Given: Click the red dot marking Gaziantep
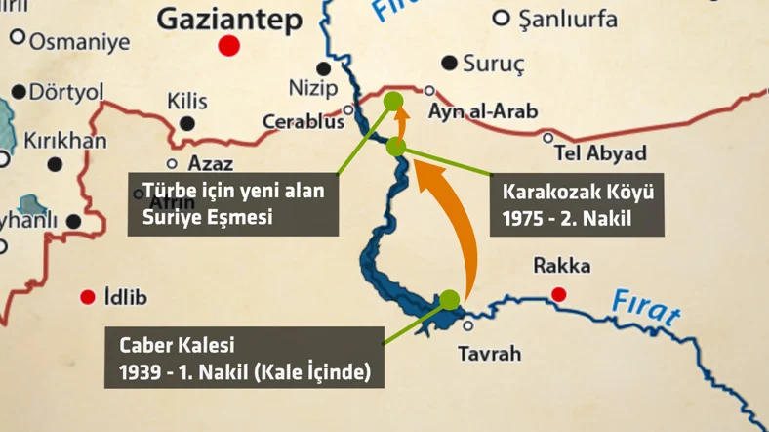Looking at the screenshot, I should coord(229,45).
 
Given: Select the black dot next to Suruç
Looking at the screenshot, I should coord(448,64).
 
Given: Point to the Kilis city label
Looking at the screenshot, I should coord(187,102).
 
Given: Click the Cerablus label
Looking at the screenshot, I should coord(304,123).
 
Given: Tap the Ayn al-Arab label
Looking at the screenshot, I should coord(485,112).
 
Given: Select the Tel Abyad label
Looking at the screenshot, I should coord(600,153).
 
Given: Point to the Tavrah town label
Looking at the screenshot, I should coord(489,354).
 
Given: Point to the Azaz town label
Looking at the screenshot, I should coord(210,164).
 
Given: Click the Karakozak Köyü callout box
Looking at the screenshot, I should coord(577,205).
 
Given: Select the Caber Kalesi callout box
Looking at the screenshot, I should coord(244,358).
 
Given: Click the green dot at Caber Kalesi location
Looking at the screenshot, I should coord(449,299).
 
